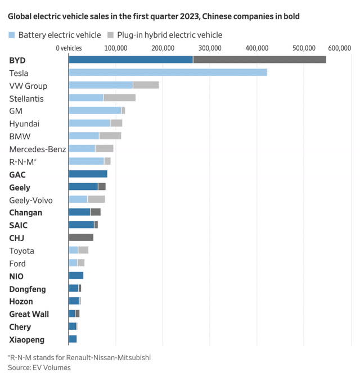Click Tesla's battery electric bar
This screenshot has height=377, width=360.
click(x=168, y=72)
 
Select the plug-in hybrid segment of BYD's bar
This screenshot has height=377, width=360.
click(x=259, y=60)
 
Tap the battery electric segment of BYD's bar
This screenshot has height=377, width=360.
click(x=130, y=60)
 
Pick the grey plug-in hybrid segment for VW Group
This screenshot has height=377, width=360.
click(x=146, y=85)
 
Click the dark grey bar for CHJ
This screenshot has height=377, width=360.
click(x=81, y=238)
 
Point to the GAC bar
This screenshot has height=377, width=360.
click(x=88, y=174)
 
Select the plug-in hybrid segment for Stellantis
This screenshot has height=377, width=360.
click(x=119, y=98)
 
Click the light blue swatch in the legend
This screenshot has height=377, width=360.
click(x=12, y=35)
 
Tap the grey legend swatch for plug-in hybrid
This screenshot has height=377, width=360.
click(x=110, y=35)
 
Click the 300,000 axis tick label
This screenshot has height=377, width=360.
click(x=209, y=48)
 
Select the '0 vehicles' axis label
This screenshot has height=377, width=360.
click(x=70, y=48)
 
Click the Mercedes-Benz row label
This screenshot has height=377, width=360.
click(x=38, y=149)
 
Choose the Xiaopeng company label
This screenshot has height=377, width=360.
click(x=27, y=339)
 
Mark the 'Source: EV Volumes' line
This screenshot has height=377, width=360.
click(x=39, y=367)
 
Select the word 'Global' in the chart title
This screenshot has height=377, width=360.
click(x=20, y=17)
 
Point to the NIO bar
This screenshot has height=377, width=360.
click(x=76, y=276)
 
